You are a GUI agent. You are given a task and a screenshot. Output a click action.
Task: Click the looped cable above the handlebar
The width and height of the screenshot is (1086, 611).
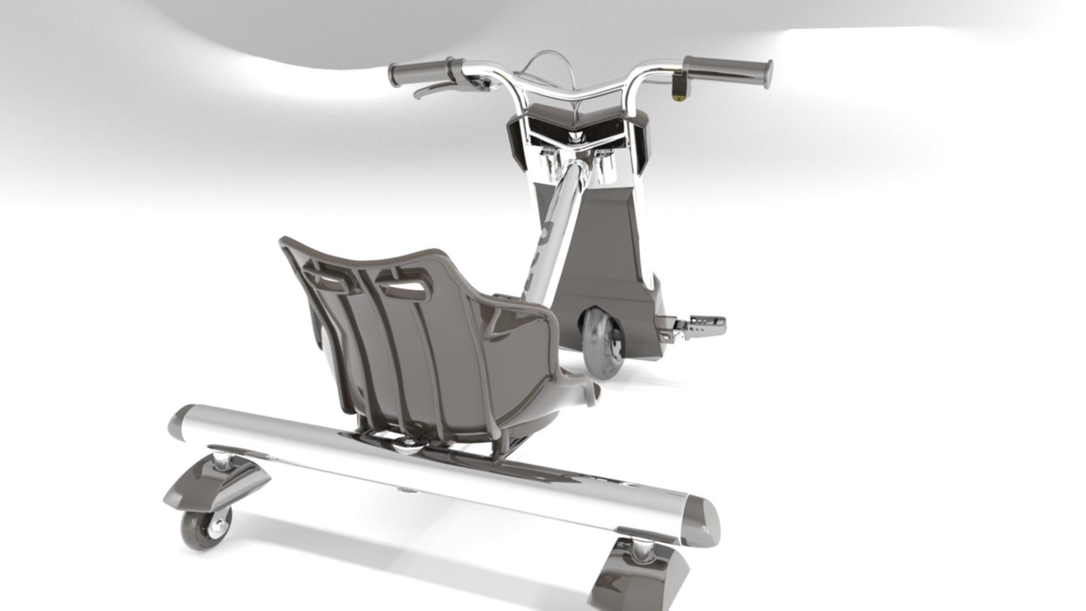[x=546, y=62]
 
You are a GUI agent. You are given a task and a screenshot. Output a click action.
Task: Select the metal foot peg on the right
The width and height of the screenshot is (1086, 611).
[x=701, y=326]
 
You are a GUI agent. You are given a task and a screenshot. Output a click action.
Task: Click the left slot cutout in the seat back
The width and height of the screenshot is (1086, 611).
[x=328, y=279]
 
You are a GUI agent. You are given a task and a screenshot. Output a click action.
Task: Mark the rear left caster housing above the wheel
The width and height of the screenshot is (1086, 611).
[x=218, y=484]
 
